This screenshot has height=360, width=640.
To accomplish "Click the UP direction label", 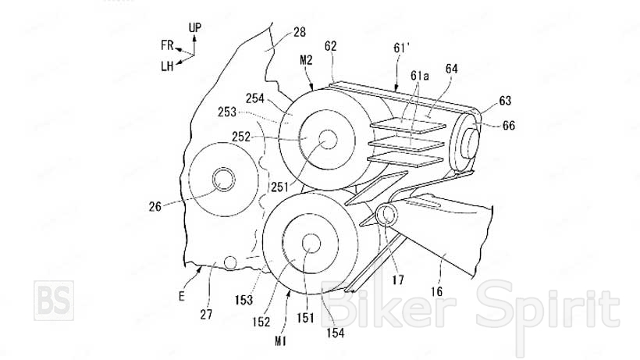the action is tap(194, 28).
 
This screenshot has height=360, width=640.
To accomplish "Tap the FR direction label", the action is tap(167, 45).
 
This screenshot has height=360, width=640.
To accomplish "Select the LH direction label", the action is tap(167, 66).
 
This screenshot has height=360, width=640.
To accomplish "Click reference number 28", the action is tap(299, 32).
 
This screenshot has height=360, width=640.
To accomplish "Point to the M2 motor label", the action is tap(306, 60).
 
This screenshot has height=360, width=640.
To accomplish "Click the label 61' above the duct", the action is tap(401, 48).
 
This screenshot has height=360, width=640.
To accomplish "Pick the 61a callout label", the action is tap(420, 76).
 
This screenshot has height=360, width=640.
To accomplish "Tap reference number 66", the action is tap(509, 125).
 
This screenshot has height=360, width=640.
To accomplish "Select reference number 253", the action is tap(227, 112).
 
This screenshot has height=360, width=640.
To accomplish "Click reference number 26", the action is tap(155, 206).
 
